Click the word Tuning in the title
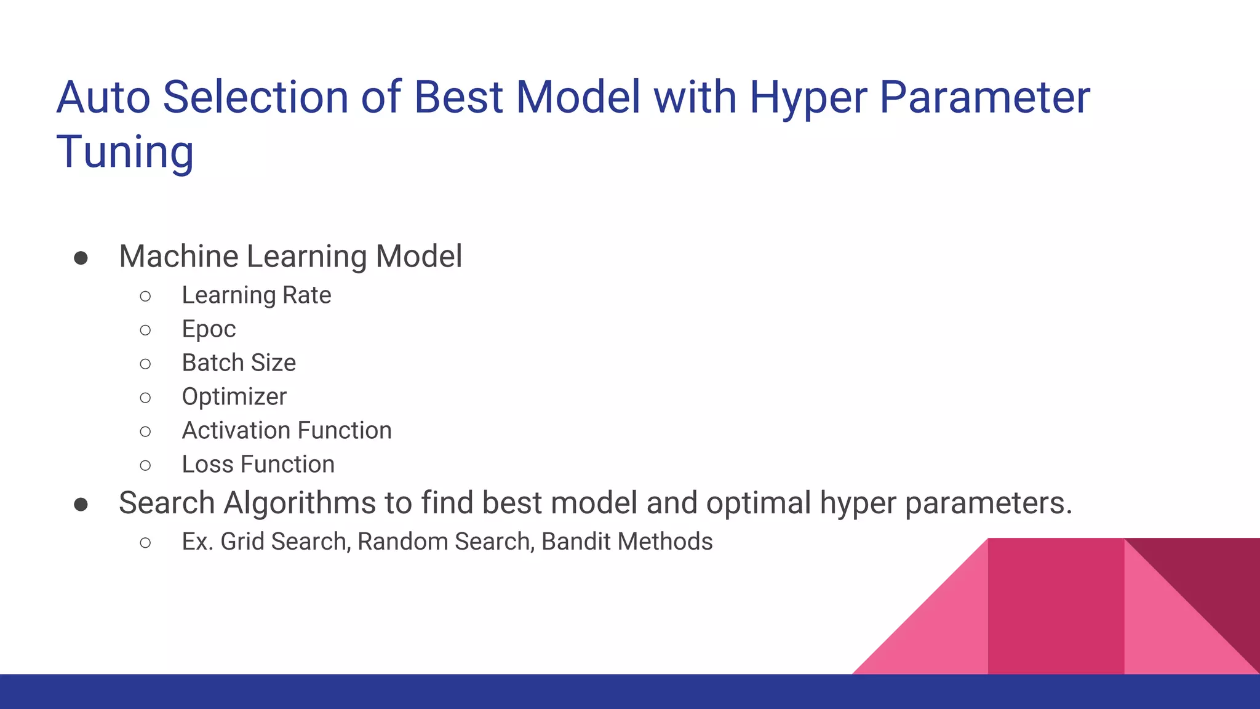125,151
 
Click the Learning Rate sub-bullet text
256,295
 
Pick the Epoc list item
209,329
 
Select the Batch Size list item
239,363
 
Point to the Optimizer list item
234,397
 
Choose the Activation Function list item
287,431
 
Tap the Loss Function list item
258,465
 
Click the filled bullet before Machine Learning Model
81,258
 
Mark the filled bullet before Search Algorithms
81,505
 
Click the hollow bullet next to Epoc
145,330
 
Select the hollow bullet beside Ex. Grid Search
145,543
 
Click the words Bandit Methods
627,542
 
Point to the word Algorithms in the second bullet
300,503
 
